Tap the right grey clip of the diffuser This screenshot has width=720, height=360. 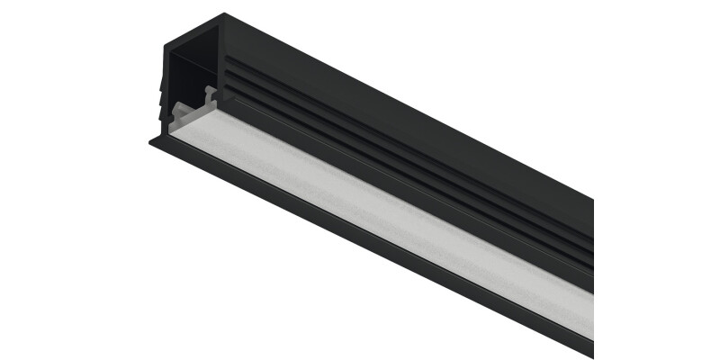210,94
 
